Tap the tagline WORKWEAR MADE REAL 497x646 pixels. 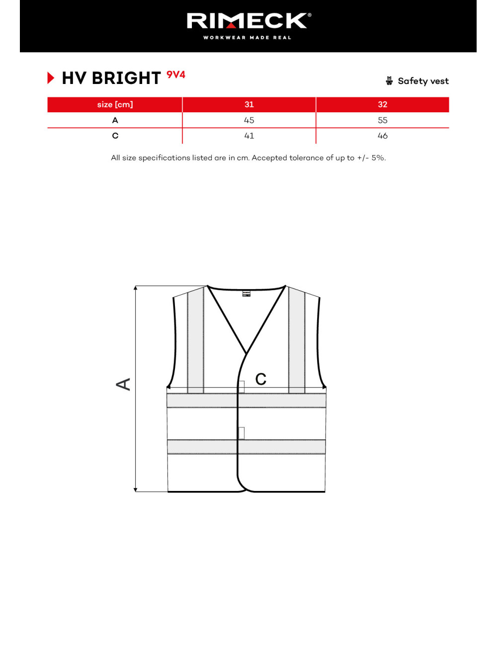[x=247, y=38]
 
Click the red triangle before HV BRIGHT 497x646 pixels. [x=51, y=78]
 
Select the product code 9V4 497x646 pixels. [x=176, y=75]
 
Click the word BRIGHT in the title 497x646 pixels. [x=126, y=79]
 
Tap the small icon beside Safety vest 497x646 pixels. [x=389, y=81]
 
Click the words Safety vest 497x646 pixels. [x=423, y=81]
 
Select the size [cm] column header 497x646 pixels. [x=115, y=104]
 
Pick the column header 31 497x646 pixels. [x=249, y=104]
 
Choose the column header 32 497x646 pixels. [x=382, y=104]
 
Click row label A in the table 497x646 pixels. [x=115, y=120]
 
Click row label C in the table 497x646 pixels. [x=115, y=136]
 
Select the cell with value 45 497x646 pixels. [x=249, y=120]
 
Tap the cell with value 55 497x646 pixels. [x=382, y=120]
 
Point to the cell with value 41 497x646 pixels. [x=249, y=136]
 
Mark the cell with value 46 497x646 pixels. [x=382, y=136]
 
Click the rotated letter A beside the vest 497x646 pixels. [x=123, y=384]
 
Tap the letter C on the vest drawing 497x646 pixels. [x=261, y=380]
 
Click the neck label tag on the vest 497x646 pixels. [x=247, y=294]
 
